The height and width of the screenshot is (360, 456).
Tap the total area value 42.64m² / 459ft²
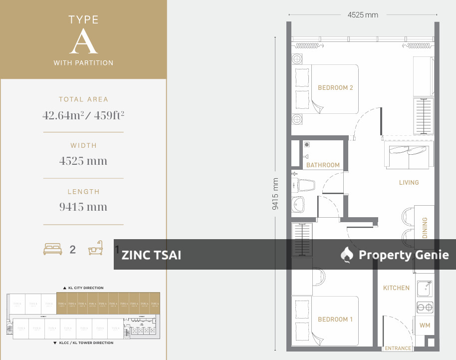point(83,116)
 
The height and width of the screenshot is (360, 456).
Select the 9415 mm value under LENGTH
point(83,207)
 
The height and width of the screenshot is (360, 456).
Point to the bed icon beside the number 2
point(52,249)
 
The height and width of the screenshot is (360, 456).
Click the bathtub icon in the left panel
point(95,249)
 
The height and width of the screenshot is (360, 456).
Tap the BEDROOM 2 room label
point(335,88)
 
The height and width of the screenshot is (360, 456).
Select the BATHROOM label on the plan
point(323,165)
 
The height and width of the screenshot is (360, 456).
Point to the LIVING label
point(409,183)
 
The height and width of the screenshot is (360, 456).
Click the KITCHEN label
point(396,288)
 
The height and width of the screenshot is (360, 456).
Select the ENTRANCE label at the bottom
point(398,349)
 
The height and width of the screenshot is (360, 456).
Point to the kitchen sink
point(424,287)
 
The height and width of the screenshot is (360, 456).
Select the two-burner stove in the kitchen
point(425,308)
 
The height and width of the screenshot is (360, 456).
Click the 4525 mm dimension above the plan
point(363,15)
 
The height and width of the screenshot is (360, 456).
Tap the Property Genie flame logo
point(347,255)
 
